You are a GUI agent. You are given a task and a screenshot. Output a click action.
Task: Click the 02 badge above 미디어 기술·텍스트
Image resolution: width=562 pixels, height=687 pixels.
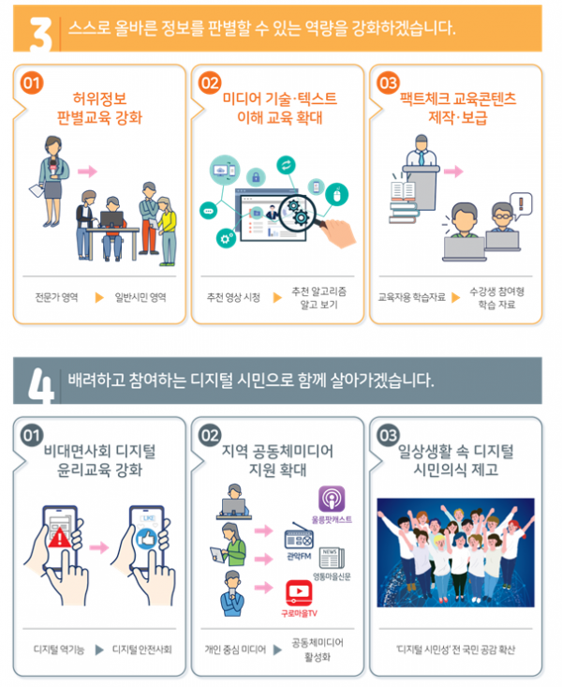[x=210, y=82]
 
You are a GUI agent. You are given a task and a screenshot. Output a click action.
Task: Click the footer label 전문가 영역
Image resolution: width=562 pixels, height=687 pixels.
[x=56, y=298]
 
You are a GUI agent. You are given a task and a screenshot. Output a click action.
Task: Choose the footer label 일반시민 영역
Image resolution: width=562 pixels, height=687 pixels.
[x=140, y=298]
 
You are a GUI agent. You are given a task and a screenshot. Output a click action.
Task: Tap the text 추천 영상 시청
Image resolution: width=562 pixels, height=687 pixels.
[x=234, y=298]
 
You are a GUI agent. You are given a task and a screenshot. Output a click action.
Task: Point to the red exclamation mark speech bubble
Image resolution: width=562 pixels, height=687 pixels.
[x=523, y=201]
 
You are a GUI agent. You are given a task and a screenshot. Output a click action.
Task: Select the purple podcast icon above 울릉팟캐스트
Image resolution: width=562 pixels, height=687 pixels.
[x=332, y=498]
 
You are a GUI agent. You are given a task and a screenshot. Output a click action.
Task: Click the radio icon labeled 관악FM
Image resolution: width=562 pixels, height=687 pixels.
[x=301, y=539]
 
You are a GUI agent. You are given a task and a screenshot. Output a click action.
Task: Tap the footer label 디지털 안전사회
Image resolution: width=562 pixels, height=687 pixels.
[x=141, y=650]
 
